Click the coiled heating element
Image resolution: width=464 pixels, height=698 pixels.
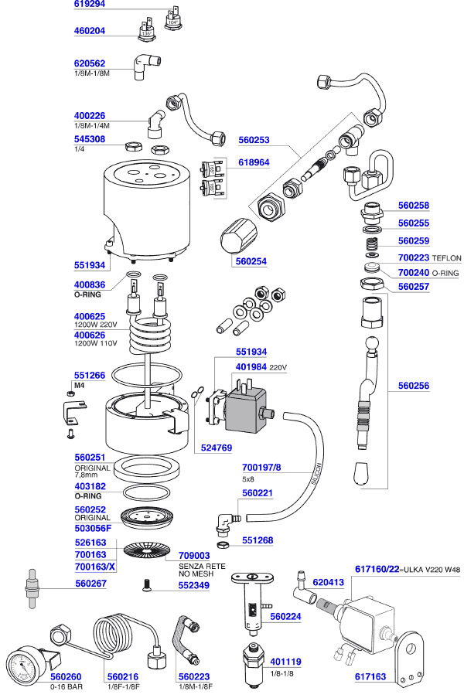tap(149, 339)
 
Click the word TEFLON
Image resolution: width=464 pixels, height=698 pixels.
tap(447, 257)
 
